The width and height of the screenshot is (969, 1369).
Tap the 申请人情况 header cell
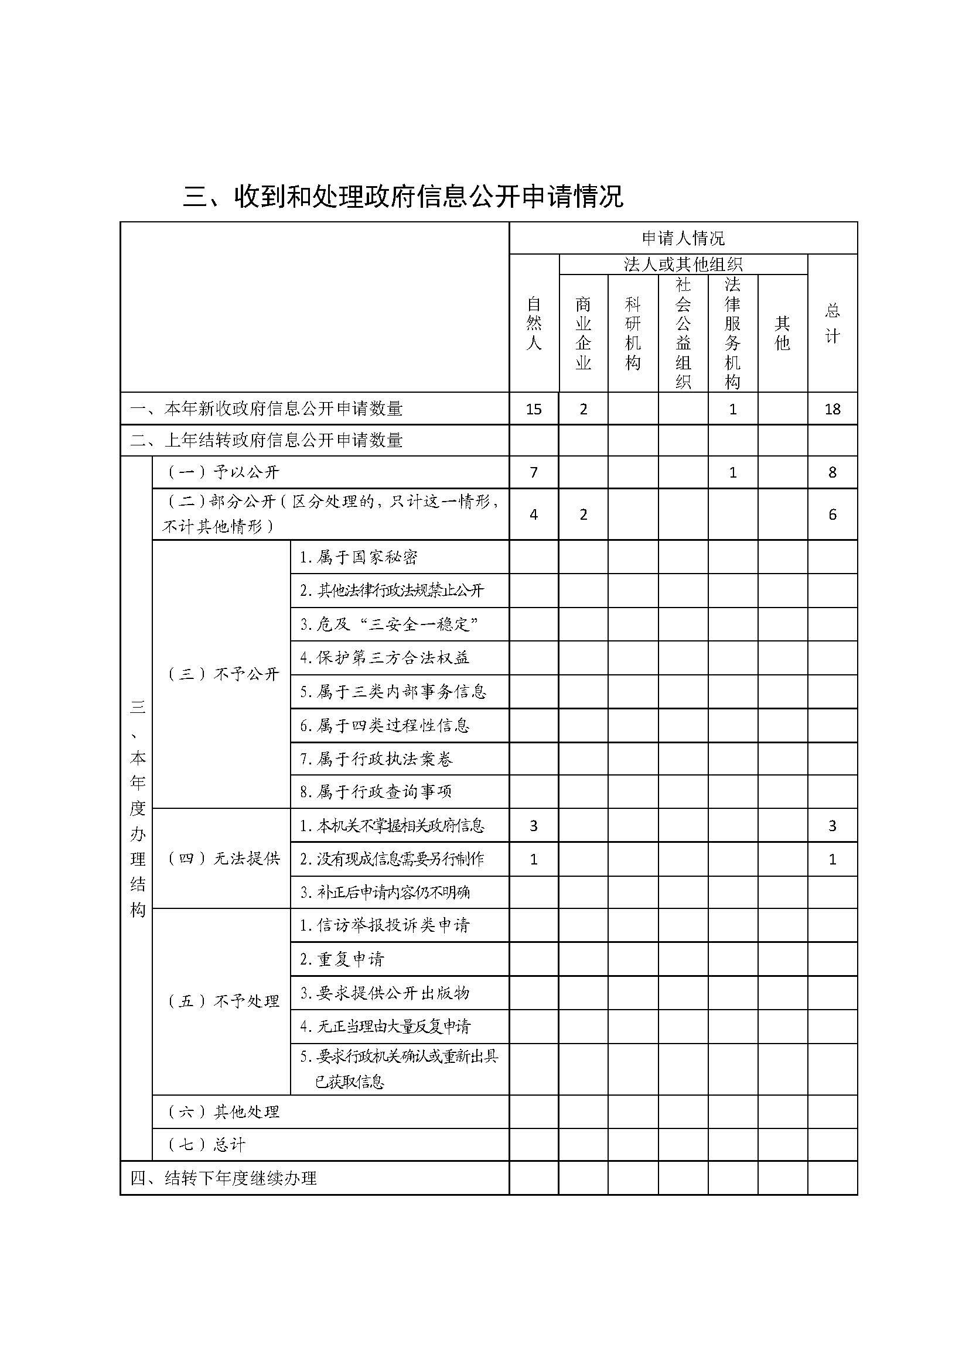point(683,238)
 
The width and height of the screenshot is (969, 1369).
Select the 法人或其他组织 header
point(683,264)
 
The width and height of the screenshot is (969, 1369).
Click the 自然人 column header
point(534,323)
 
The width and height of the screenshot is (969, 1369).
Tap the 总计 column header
point(832,323)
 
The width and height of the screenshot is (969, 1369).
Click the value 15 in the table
point(534,409)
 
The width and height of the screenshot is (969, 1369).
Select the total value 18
point(832,409)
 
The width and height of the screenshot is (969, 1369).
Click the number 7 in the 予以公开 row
point(534,473)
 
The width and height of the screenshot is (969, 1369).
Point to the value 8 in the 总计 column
point(832,473)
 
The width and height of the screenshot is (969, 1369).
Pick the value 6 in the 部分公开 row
point(832,514)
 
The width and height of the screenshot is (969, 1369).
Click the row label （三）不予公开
point(221,674)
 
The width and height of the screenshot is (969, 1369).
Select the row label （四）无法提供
point(221,859)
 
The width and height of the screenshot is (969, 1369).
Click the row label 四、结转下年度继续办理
point(223,1178)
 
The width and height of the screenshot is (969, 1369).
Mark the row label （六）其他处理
point(221,1112)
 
